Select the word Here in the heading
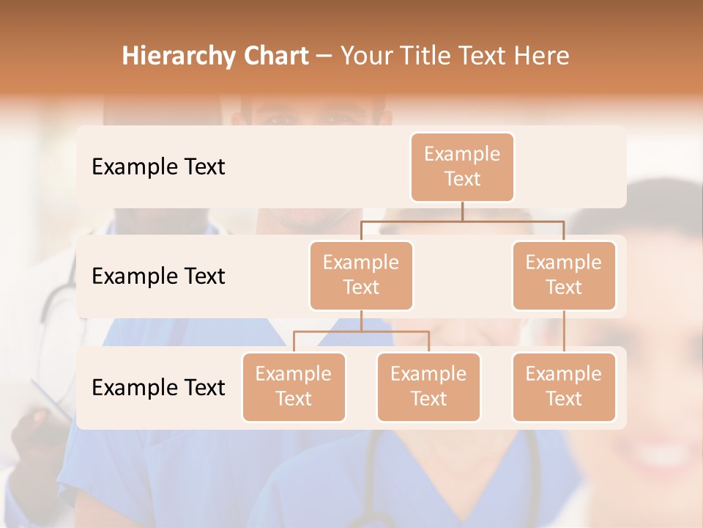(540, 56)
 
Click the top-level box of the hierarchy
(462, 167)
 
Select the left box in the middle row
(361, 276)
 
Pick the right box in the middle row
(564, 276)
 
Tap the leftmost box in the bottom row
(294, 387)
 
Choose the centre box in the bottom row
(428, 387)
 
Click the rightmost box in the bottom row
(564, 387)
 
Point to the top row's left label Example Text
(158, 167)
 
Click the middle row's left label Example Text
(158, 276)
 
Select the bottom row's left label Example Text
(158, 388)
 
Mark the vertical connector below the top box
(462, 211)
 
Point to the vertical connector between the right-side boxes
(564, 331)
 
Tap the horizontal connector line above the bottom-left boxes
(361, 331)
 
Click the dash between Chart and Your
(324, 56)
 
